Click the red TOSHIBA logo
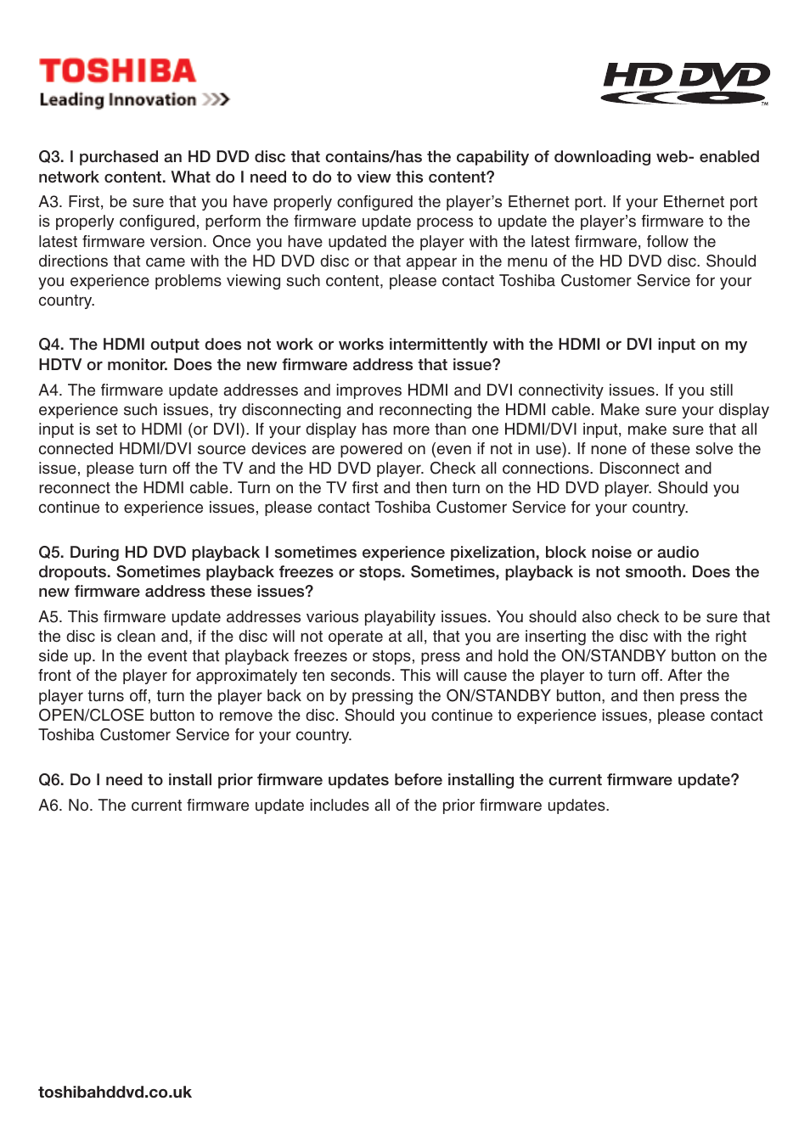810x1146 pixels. click(117, 71)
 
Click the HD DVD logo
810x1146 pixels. click(685, 83)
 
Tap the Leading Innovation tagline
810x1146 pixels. click(117, 100)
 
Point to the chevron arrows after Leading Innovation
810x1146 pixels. click(216, 100)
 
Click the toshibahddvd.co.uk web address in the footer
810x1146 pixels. click(115, 1093)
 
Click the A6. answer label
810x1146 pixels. click(50, 806)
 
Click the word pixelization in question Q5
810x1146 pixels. click(492, 553)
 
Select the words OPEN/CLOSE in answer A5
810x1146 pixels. click(91, 716)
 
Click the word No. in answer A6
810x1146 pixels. click(80, 806)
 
